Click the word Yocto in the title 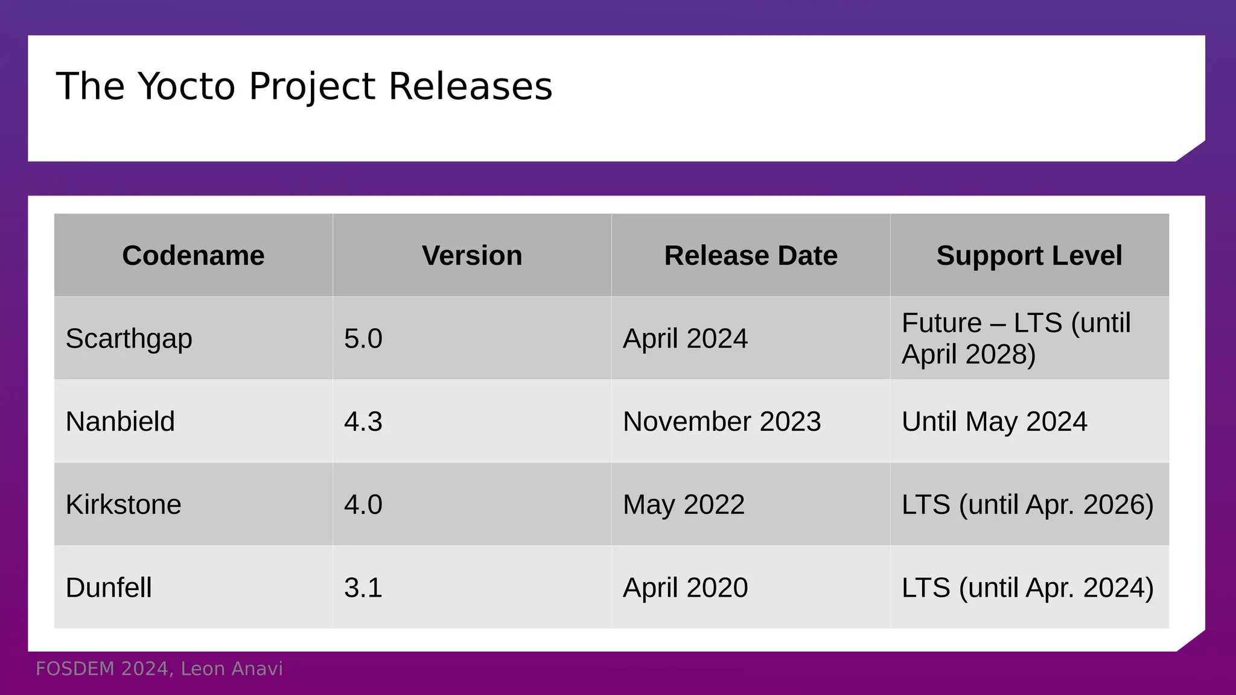[x=186, y=86]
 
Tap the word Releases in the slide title [x=470, y=86]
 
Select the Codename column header [x=193, y=255]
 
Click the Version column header [x=472, y=255]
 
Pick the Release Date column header [x=751, y=255]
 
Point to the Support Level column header [x=1029, y=255]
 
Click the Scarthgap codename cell [x=129, y=338]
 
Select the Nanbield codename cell [x=120, y=421]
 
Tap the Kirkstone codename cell [x=123, y=504]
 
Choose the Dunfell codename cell [x=109, y=588]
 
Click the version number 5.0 [x=363, y=338]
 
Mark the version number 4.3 [x=363, y=421]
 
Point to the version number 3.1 [x=363, y=588]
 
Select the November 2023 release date [x=722, y=421]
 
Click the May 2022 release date [x=684, y=504]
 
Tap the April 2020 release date [x=686, y=588]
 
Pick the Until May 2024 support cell [x=995, y=421]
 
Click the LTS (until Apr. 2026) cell [x=1028, y=504]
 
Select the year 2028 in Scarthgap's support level [x=999, y=354]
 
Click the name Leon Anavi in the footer [x=232, y=669]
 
